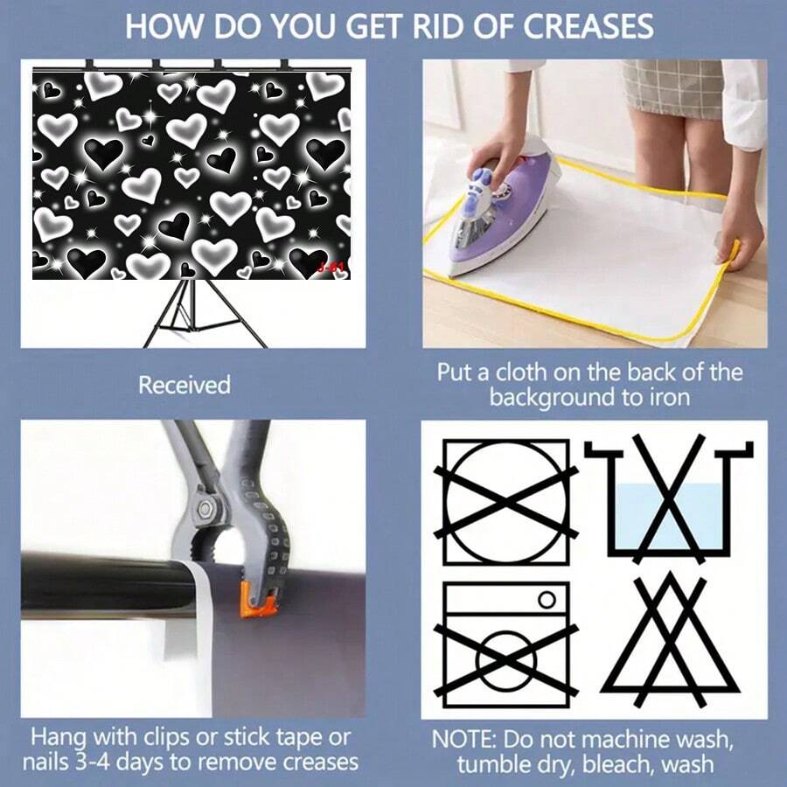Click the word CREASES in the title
(x=588, y=26)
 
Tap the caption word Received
(x=185, y=385)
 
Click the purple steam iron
(x=502, y=211)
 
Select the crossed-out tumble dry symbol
(x=506, y=502)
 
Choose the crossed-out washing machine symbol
(x=506, y=644)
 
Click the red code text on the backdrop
(x=331, y=267)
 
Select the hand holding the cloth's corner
(x=737, y=236)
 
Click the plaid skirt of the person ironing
(x=672, y=87)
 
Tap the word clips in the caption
(x=168, y=738)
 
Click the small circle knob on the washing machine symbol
(x=547, y=600)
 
